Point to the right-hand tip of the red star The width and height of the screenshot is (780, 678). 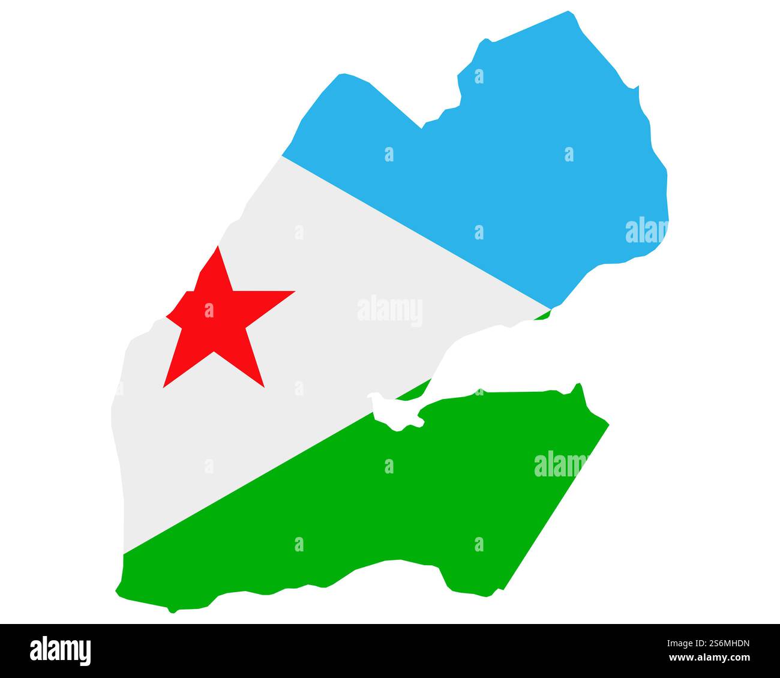(294, 292)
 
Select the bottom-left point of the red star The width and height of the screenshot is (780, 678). (164, 387)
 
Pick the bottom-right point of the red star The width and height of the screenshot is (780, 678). (263, 386)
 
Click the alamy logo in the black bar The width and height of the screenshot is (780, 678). (61, 650)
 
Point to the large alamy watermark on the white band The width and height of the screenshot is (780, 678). (389, 311)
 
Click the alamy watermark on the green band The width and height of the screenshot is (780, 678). (561, 464)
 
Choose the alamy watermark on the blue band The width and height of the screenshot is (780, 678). (646, 230)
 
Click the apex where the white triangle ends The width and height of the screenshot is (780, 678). (550, 310)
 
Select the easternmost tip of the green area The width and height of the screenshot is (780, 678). (608, 425)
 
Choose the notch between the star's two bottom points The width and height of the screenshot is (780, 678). (214, 352)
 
